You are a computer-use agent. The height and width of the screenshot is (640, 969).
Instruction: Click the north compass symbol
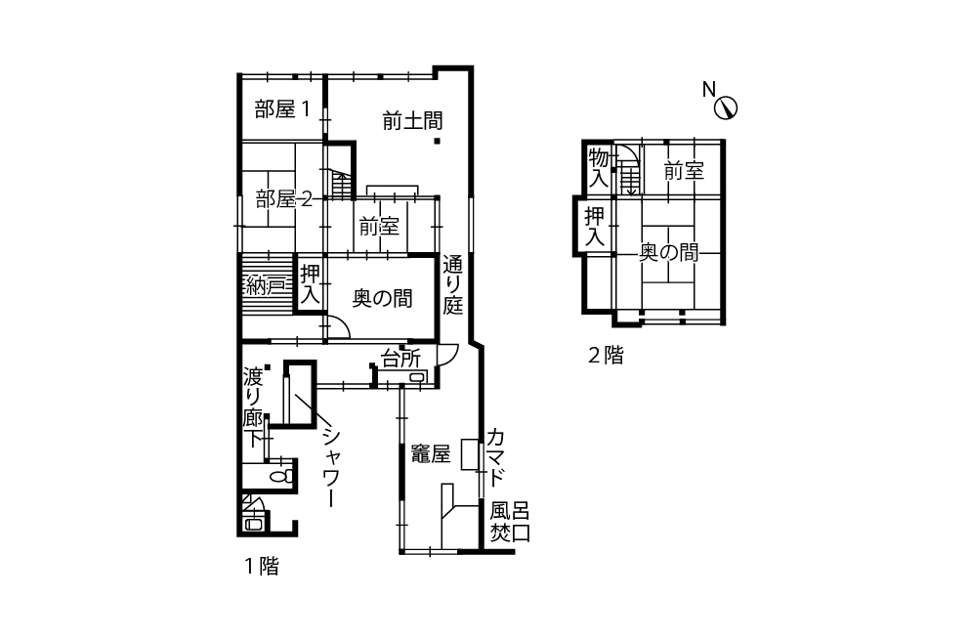726,108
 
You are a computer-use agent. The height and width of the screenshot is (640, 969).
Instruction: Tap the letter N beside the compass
709,90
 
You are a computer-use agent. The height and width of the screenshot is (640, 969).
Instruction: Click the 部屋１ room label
282,109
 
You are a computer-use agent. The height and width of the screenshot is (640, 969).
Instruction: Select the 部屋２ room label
283,199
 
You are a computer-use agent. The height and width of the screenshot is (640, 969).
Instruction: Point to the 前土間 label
412,120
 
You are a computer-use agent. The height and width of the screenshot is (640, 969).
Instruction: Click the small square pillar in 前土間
437,141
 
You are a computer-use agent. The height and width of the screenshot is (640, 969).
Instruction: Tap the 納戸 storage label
266,286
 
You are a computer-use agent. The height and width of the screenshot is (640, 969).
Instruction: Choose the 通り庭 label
453,285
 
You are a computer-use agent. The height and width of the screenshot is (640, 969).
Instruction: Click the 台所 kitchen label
401,358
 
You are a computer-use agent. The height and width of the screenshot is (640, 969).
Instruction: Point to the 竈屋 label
431,455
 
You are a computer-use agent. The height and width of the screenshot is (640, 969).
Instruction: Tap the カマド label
496,457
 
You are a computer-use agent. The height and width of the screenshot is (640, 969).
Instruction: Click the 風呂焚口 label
510,523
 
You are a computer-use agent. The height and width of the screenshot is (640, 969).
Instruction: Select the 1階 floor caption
262,566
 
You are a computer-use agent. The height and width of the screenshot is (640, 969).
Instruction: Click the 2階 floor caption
606,355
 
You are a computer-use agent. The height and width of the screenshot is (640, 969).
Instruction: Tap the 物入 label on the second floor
598,168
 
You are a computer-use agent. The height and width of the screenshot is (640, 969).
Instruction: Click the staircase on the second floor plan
630,177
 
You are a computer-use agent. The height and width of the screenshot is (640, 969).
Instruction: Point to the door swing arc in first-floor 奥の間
342,324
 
